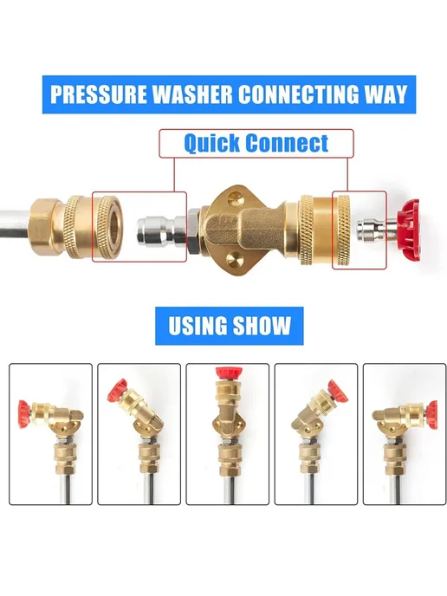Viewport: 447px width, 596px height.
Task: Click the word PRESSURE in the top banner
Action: point(99,94)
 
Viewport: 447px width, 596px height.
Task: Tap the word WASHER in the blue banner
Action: point(192,94)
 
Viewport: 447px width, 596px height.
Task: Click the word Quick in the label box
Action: point(212,144)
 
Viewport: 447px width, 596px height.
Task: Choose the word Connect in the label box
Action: point(287,143)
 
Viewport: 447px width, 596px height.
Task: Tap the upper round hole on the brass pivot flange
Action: point(234,197)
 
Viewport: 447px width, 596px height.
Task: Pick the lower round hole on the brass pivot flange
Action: point(234,261)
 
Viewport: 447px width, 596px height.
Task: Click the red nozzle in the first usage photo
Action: point(24,413)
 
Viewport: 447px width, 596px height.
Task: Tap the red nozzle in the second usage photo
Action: point(118,391)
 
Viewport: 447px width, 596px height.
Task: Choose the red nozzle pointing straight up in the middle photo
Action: point(228,372)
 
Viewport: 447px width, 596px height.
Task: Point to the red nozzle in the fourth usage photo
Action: point(338,391)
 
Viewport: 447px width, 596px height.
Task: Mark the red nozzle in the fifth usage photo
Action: point(431,414)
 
